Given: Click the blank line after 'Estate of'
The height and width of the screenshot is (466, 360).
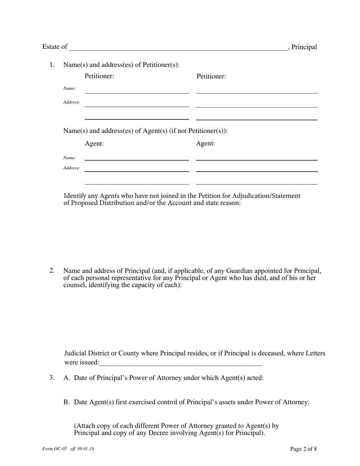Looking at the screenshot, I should (178, 48).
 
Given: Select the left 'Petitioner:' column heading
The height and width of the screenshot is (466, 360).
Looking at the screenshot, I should (99, 76).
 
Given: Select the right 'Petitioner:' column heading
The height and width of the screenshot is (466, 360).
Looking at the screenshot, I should (211, 76).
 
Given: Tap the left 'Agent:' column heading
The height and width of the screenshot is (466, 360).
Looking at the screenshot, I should (94, 144).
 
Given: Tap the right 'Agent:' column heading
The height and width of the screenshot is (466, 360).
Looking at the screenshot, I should (205, 144).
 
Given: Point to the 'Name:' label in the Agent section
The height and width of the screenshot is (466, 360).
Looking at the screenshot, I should (69, 158).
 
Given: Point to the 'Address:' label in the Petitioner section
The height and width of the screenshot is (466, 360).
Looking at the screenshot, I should (71, 102).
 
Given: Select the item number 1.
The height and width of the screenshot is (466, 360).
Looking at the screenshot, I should (52, 65).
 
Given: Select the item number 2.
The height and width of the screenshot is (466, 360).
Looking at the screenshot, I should (52, 271).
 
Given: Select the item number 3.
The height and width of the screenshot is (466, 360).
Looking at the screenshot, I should (52, 378).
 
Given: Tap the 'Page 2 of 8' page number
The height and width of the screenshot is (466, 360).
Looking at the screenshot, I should (303, 449).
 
